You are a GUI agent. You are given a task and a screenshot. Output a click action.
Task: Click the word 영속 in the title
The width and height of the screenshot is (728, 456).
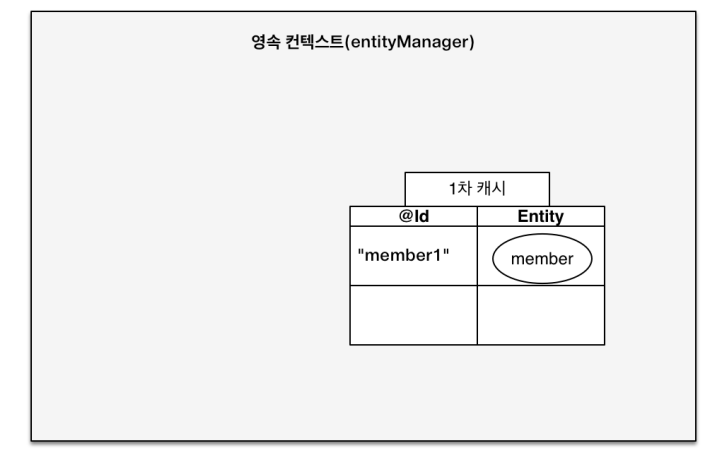tap(265, 45)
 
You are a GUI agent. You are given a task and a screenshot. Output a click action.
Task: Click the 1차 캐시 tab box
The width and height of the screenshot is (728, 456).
tap(477, 189)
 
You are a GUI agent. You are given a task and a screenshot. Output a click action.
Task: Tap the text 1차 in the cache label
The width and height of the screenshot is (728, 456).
tap(461, 189)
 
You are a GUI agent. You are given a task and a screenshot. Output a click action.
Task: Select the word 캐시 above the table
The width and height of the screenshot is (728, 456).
tap(489, 189)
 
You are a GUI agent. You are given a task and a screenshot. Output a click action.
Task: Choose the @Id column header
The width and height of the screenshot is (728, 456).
tap(413, 216)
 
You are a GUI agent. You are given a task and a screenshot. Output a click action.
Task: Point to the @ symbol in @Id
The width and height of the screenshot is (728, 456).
tap(403, 216)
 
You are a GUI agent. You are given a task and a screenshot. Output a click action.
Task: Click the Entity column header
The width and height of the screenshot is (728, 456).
tap(540, 216)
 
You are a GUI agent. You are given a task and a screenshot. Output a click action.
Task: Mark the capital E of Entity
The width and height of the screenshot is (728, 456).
tap(522, 216)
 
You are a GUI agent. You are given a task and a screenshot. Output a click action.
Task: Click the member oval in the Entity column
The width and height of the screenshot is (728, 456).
tap(541, 258)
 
